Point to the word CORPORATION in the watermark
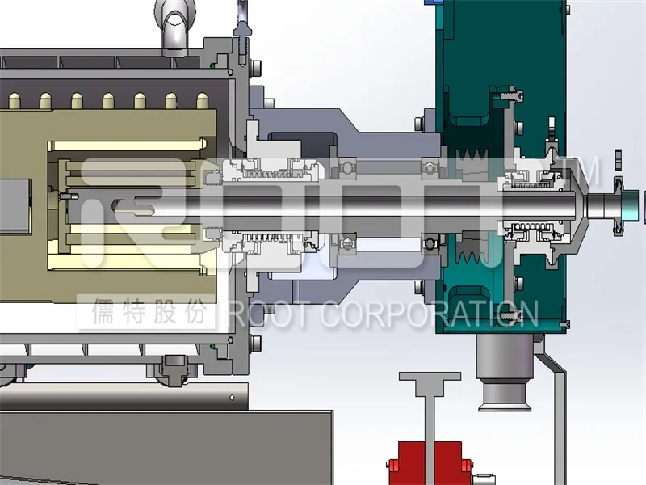point(429,314)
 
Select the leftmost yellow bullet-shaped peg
point(15,101)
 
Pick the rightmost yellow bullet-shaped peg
point(203,101)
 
